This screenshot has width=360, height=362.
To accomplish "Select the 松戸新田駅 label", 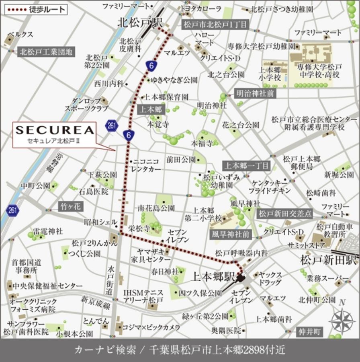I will (x=328, y=260).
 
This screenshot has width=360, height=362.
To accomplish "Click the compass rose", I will (x=342, y=320).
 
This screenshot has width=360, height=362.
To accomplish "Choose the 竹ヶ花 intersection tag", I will (x=71, y=207).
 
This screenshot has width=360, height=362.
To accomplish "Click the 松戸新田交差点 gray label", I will (x=285, y=214).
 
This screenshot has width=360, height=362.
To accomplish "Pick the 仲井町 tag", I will (x=310, y=332).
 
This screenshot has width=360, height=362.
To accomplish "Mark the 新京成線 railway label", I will (x=96, y=303).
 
